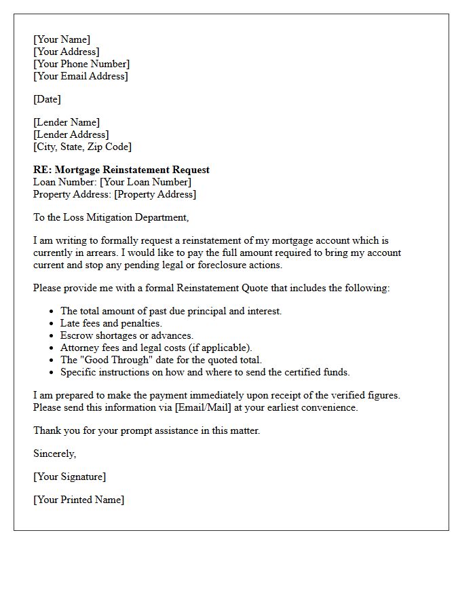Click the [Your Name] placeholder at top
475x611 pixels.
[x=62, y=39]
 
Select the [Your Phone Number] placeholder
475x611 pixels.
[x=81, y=64]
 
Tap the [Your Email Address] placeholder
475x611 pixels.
[x=80, y=76]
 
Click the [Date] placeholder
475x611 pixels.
[x=47, y=99]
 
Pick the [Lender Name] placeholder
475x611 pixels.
[x=66, y=122]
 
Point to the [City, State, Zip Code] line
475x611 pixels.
[x=82, y=147]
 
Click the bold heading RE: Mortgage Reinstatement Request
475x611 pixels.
[x=121, y=170]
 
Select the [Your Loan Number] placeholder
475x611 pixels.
[x=145, y=182]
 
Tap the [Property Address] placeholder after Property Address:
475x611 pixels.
[x=155, y=194]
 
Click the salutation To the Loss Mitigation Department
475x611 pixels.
[x=111, y=217]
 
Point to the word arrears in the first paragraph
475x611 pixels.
[x=99, y=253]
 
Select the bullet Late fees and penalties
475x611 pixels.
[x=111, y=323]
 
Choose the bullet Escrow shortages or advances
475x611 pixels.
[x=127, y=335]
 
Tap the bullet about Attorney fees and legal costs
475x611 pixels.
[x=156, y=348]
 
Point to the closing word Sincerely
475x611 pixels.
[x=55, y=453]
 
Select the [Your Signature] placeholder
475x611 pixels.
[x=69, y=477]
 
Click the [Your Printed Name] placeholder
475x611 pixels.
[x=79, y=500]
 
